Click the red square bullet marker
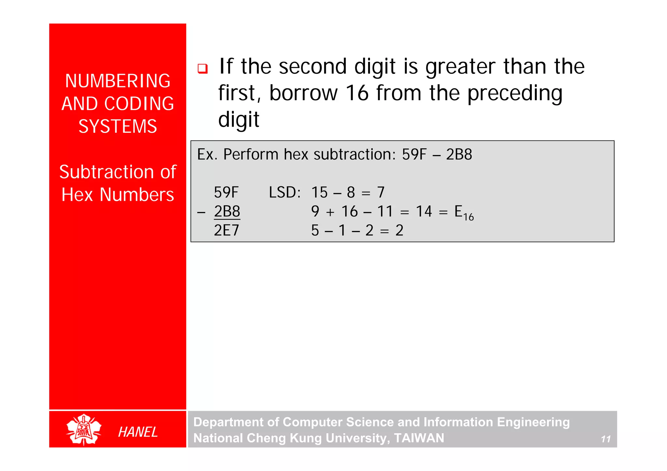pyautogui.click(x=203, y=69)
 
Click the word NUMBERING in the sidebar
pyautogui.click(x=118, y=81)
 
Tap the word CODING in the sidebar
pyautogui.click(x=139, y=104)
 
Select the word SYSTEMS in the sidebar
pyautogui.click(x=118, y=126)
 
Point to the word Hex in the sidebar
pyautogui.click(x=77, y=195)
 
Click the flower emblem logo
pyautogui.click(x=84, y=430)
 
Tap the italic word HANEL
pyautogui.click(x=138, y=432)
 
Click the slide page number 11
pyautogui.click(x=606, y=439)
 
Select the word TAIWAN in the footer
pyautogui.click(x=419, y=438)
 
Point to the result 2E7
pyautogui.click(x=227, y=230)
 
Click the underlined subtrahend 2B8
pyautogui.click(x=227, y=211)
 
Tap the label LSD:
pyautogui.click(x=284, y=192)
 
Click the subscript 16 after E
pyautogui.click(x=468, y=217)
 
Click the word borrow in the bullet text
pyautogui.click(x=303, y=93)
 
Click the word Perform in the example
pyautogui.click(x=250, y=154)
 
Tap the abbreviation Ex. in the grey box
pyautogui.click(x=207, y=154)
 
